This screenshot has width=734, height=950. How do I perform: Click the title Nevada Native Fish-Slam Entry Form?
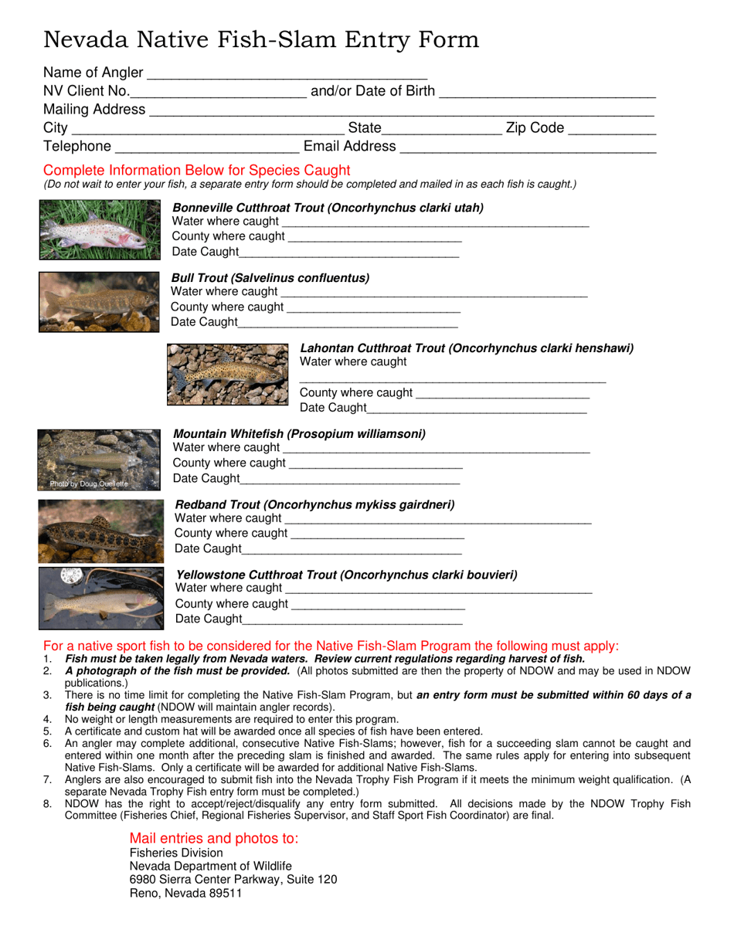pos(261,39)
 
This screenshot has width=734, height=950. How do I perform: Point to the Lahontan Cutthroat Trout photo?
pos(228,375)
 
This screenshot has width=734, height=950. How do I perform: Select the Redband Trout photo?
pos(100,531)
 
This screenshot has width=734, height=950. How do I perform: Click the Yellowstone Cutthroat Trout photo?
pos(100,599)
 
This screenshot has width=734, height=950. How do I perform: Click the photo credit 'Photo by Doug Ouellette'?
pos(89,484)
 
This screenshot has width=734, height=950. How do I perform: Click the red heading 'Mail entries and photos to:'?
pos(214,839)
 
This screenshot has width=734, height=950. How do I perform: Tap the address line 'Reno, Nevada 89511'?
pos(185,894)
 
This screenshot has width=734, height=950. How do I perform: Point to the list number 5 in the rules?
pos(48,731)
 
